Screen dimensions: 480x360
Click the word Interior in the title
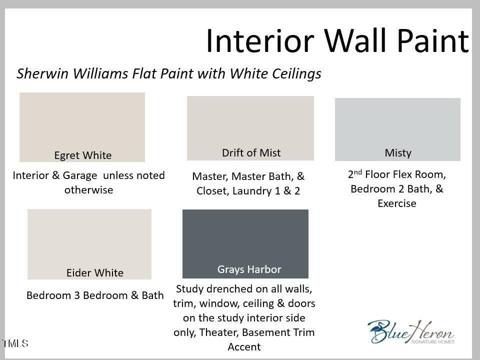tap(260, 40)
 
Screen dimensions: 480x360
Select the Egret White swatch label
tap(83, 155)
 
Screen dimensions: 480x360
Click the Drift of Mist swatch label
tap(251, 152)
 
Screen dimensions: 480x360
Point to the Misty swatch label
tap(398, 153)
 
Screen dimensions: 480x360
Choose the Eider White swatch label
tap(95, 272)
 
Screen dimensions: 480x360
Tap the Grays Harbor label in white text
tap(249, 269)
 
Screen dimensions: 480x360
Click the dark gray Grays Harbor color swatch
tap(245, 243)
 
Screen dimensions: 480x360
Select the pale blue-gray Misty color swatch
tap(397, 129)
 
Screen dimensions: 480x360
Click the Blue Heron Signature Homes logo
tap(411, 332)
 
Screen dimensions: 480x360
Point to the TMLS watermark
tap(15, 343)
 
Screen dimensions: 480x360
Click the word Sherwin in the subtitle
tap(42, 73)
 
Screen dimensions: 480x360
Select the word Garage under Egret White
tap(79, 175)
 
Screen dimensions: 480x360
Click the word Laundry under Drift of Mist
tap(252, 191)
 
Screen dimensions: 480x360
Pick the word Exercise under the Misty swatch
tap(396, 203)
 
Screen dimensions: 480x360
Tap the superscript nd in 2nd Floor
tap(357, 171)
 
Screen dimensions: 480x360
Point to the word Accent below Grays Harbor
tap(244, 347)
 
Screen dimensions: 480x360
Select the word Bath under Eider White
tap(152, 295)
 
